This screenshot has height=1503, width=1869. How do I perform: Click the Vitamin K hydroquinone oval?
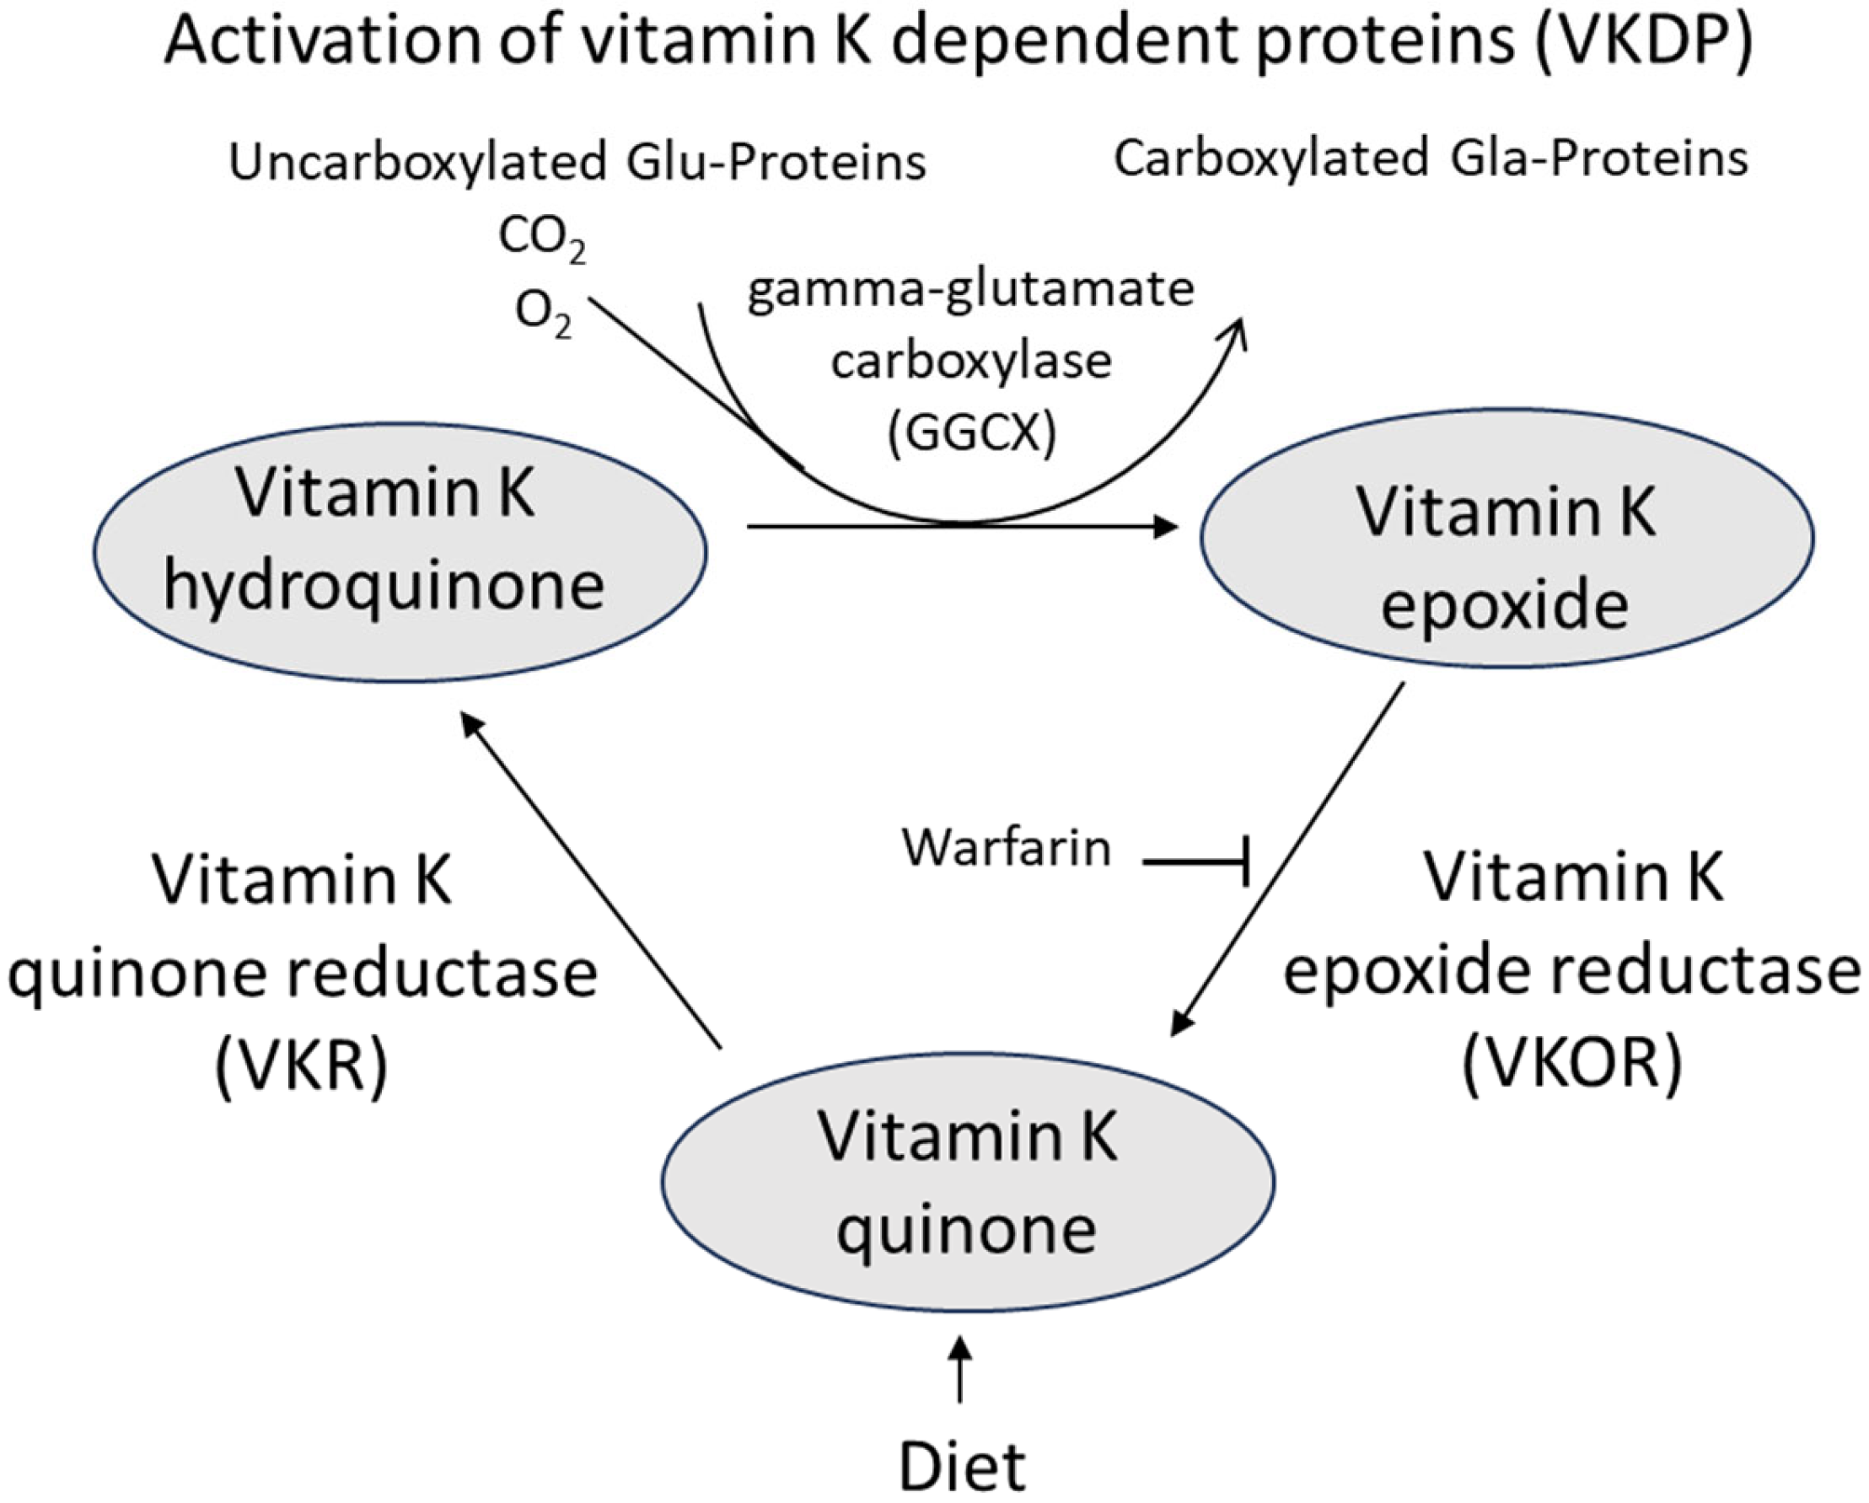tap(400, 552)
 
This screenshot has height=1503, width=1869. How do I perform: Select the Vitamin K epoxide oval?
tap(1506, 539)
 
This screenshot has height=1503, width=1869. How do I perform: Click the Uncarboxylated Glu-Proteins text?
tap(577, 163)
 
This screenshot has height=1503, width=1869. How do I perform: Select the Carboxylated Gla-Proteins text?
tap(1431, 159)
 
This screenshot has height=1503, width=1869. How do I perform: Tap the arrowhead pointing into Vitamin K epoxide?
tap(1166, 525)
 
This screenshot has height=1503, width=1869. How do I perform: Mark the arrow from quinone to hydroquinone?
tap(590, 881)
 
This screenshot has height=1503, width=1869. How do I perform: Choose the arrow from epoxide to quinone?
tap(1287, 859)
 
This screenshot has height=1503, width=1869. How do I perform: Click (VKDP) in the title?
tap(1643, 41)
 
